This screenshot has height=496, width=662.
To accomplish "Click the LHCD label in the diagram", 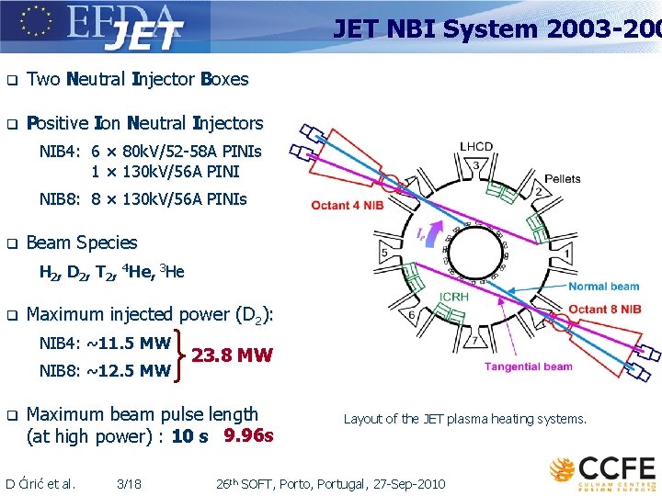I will click(476, 146).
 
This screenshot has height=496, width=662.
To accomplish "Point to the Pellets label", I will click(562, 179).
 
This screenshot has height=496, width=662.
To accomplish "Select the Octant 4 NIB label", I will click(347, 205).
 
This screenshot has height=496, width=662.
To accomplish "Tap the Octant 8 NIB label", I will click(604, 310).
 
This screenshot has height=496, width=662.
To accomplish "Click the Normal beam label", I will click(603, 287).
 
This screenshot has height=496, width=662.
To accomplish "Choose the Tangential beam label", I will click(529, 366).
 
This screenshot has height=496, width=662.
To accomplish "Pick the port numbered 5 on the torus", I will click(383, 253).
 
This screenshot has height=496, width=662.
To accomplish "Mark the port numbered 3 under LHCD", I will click(475, 164).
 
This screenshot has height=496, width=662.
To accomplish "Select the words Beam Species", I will click(82, 242).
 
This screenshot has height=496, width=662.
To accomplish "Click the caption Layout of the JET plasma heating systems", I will click(464, 419).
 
